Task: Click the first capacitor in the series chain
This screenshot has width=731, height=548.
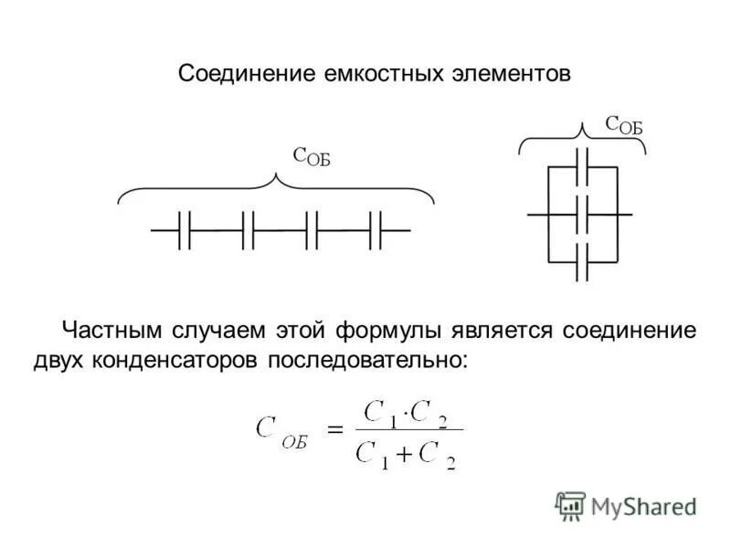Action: tap(184, 230)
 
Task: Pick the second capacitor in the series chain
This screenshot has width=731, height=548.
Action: tap(248, 230)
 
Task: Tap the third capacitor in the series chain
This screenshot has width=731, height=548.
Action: tap(312, 230)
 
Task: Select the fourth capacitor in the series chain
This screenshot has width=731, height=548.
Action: tap(376, 230)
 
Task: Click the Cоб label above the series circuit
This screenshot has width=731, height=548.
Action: tap(311, 156)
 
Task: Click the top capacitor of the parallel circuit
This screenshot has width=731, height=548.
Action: tap(582, 167)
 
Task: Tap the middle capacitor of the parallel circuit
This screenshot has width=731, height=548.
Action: tap(582, 215)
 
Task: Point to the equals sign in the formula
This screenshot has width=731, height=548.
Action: tap(334, 428)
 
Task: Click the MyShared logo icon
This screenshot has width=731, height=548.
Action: tap(570, 506)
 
